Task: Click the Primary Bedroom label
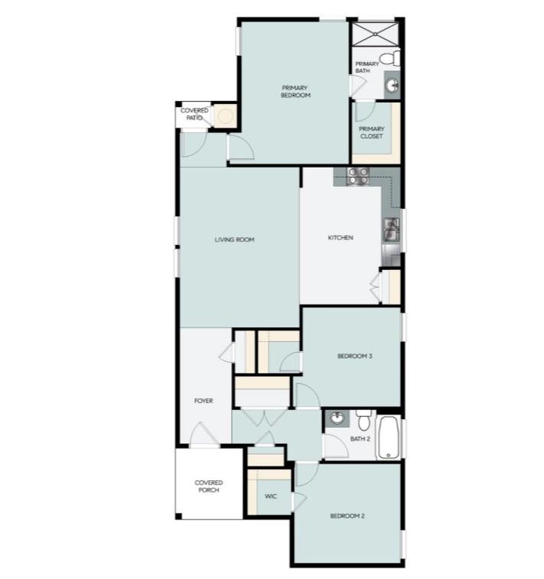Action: pyautogui.click(x=295, y=92)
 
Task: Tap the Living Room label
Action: pyautogui.click(x=234, y=239)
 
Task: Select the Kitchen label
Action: pyautogui.click(x=340, y=238)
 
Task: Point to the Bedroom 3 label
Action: pyautogui.click(x=355, y=356)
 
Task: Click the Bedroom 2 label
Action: pyautogui.click(x=347, y=516)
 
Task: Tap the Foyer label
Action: pyautogui.click(x=203, y=401)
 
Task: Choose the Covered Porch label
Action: pyautogui.click(x=208, y=486)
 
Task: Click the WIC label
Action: pyautogui.click(x=271, y=496)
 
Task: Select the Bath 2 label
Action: pyautogui.click(x=360, y=439)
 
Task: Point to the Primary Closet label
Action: pyautogui.click(x=371, y=132)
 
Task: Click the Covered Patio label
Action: pyautogui.click(x=194, y=114)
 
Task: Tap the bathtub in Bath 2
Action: pyautogui.click(x=389, y=438)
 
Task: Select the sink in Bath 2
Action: pyautogui.click(x=337, y=418)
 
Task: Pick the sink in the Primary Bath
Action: pyautogui.click(x=391, y=85)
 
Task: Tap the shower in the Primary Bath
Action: pyautogui.click(x=376, y=34)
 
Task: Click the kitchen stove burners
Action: pyautogui.click(x=357, y=176)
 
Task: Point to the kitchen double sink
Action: pyautogui.click(x=391, y=229)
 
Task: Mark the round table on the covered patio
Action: pyautogui.click(x=224, y=116)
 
